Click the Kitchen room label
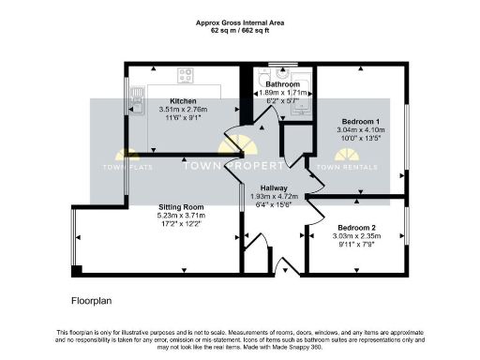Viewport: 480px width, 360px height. [182, 100]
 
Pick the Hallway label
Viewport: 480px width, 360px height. [274, 187]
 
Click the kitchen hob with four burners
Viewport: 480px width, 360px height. [186, 73]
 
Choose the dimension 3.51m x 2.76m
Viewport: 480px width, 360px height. [182, 110]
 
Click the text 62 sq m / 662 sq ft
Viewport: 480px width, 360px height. [240, 30]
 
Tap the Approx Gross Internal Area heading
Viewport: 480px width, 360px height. [240, 22]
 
